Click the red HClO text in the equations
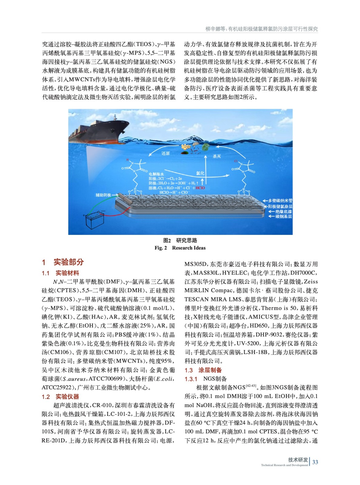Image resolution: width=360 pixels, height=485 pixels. (x=200, y=188)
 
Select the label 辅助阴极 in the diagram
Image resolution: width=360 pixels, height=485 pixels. (x=103, y=195)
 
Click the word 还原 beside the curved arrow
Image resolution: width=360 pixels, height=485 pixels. (x=166, y=153)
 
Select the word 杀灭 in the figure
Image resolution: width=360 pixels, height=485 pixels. (x=217, y=156)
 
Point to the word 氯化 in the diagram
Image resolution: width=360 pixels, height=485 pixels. (x=200, y=173)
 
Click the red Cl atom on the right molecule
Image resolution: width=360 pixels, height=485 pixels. (x=236, y=161)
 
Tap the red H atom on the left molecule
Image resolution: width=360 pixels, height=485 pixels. (x=128, y=160)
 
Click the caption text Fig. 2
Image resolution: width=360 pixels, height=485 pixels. (x=160, y=248)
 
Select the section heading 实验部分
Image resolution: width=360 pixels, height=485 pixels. (x=69, y=262)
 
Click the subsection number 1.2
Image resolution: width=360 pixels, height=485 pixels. (x=46, y=397)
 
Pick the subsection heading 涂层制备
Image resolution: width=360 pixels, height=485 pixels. (x=210, y=370)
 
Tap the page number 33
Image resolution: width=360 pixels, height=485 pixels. (x=315, y=462)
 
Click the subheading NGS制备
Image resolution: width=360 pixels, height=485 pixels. (x=215, y=379)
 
